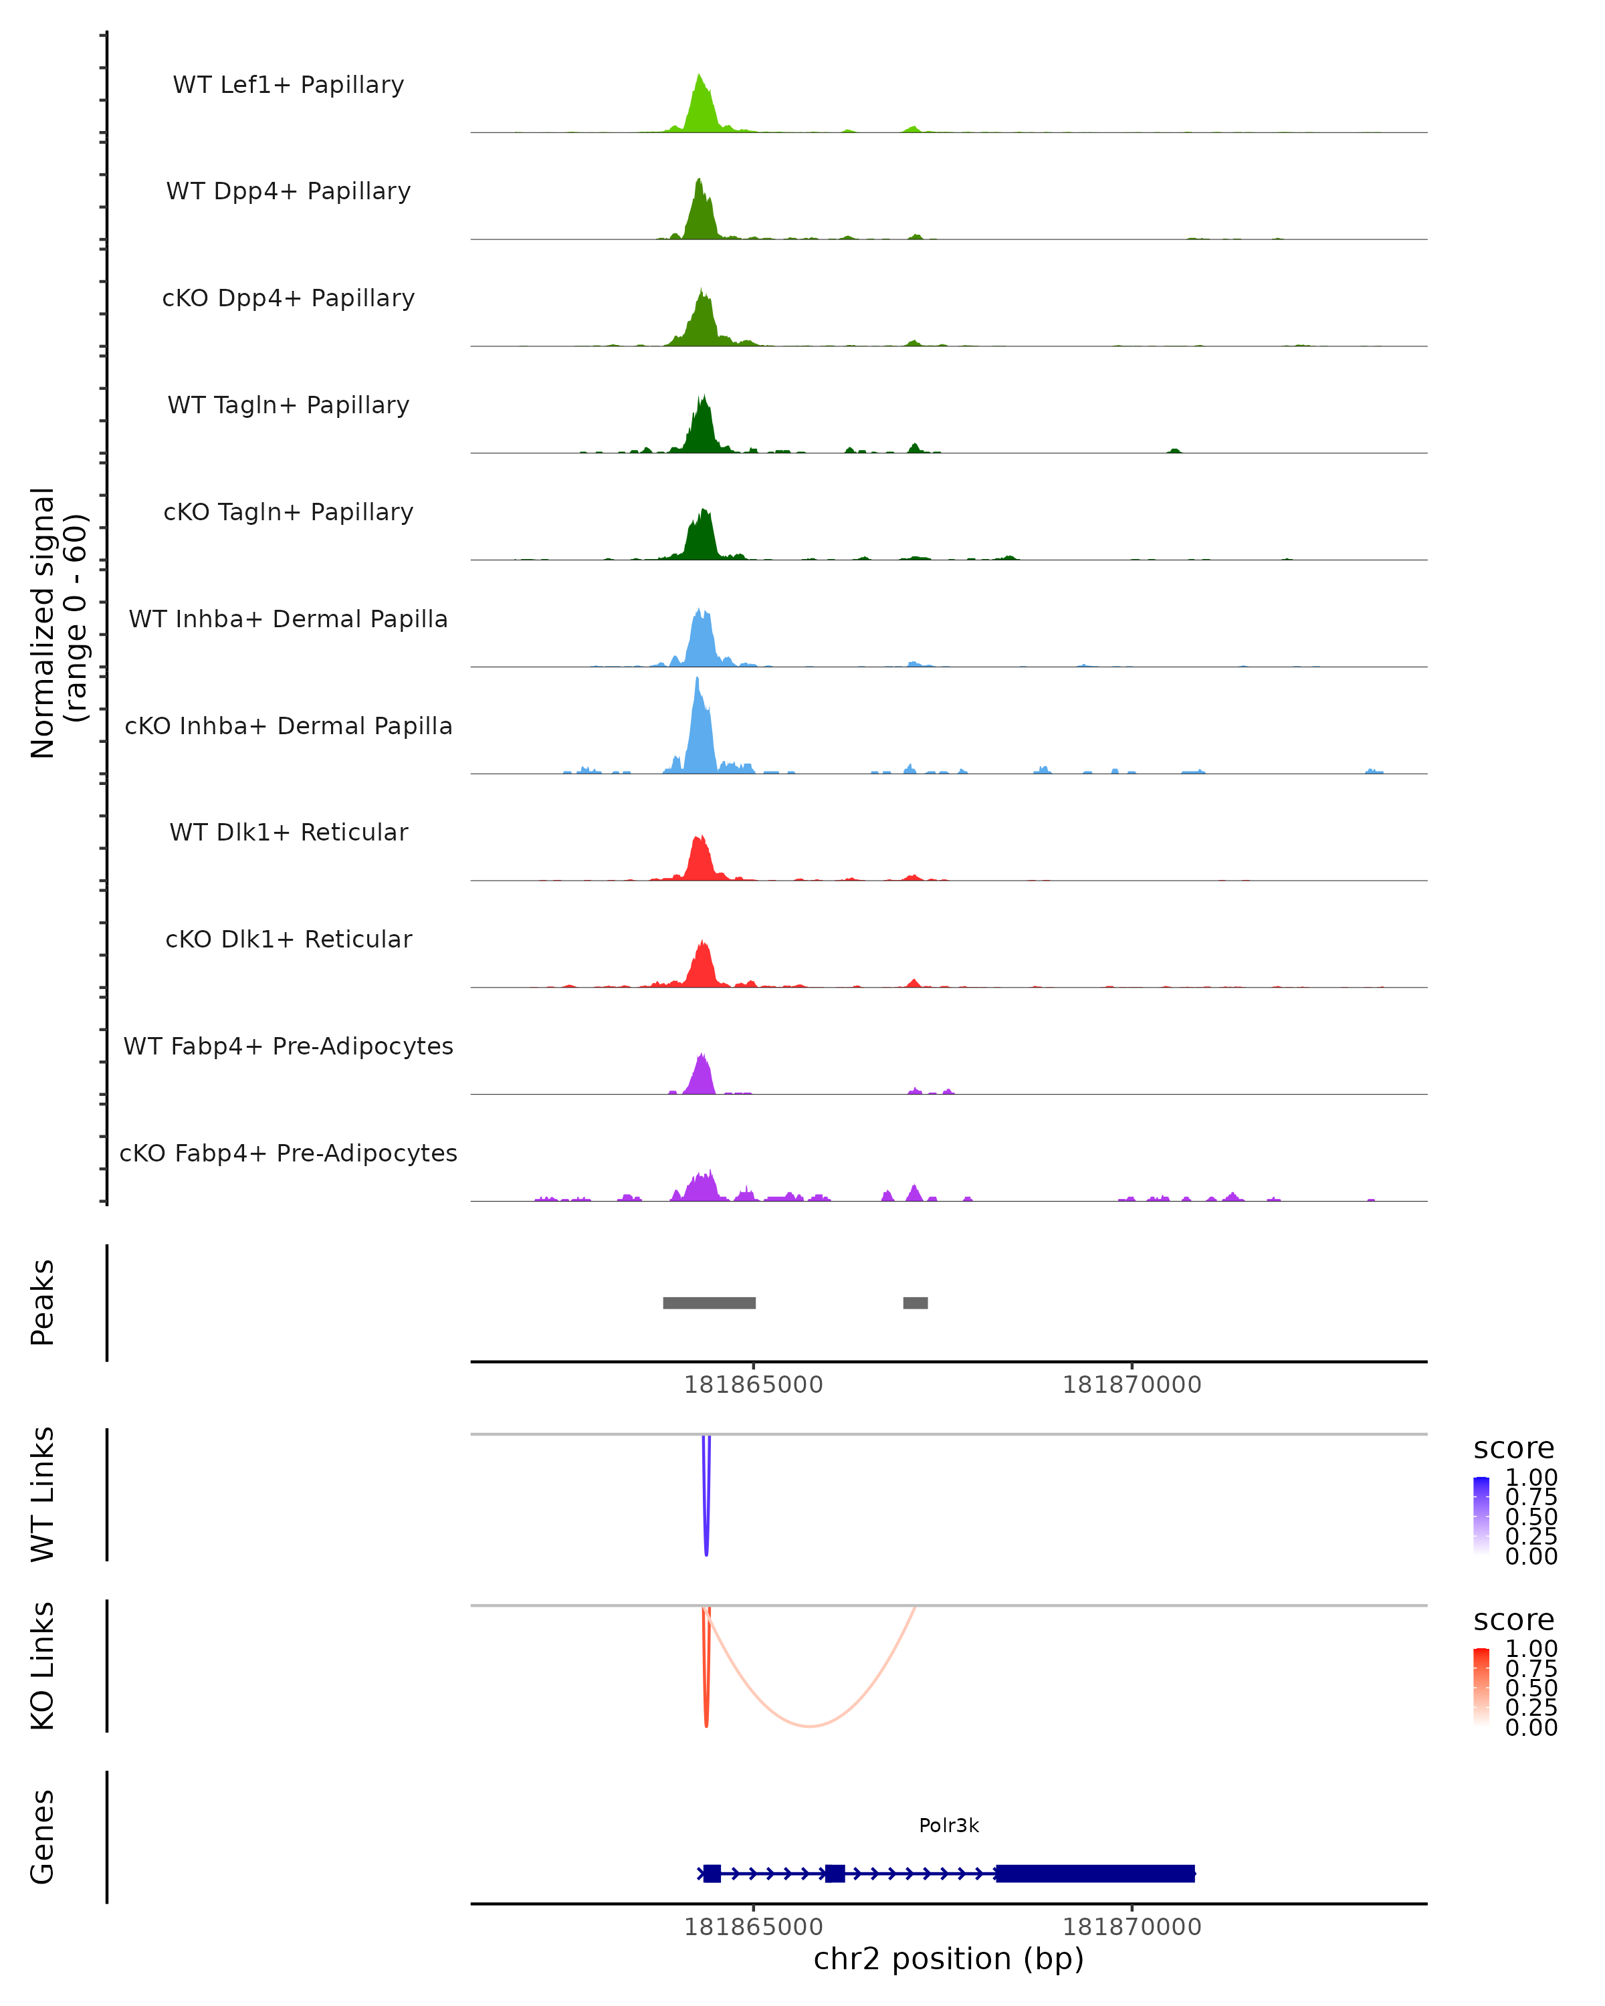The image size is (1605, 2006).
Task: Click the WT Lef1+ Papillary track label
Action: [x=288, y=85]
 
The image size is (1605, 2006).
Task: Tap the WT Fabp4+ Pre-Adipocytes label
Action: [x=288, y=1046]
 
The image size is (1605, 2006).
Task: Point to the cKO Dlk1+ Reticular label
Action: [x=288, y=939]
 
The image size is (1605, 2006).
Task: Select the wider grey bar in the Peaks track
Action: [x=709, y=1303]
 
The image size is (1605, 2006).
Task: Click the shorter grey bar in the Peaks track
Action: [x=916, y=1303]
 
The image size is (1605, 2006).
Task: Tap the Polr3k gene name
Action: [x=948, y=1825]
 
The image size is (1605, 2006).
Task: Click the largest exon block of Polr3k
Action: [x=1095, y=1873]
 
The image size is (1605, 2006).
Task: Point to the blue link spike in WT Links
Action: [x=706, y=1526]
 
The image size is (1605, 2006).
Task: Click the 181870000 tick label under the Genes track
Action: [x=1132, y=1927]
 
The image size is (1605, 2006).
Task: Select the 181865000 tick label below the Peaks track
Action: [x=753, y=1385]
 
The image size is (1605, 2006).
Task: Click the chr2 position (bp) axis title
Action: [x=948, y=1959]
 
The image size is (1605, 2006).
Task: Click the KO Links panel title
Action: [x=43, y=1666]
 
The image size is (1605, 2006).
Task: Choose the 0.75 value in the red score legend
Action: [x=1531, y=1668]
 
